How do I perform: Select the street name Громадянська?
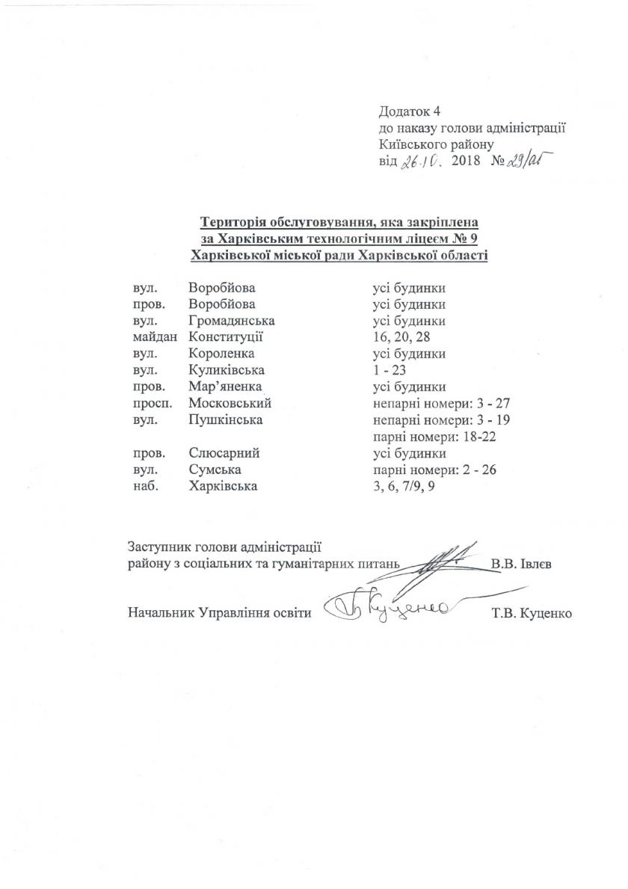(x=233, y=321)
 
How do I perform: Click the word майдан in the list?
(x=148, y=337)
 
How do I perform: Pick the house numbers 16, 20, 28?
(x=402, y=337)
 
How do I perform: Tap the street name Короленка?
(x=222, y=354)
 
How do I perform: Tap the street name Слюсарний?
(x=224, y=453)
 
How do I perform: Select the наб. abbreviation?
(x=141, y=486)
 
